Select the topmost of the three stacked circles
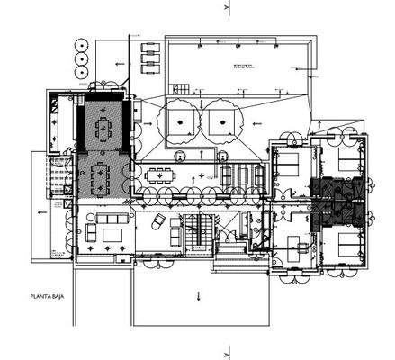pos(82,42)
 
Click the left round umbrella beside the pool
pos(183,120)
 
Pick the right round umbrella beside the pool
pos(219,120)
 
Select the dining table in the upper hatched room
pos(103,129)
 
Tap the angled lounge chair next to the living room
pos(156,222)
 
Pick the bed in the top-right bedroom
pos(347,162)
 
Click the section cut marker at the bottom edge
pos(228,353)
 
